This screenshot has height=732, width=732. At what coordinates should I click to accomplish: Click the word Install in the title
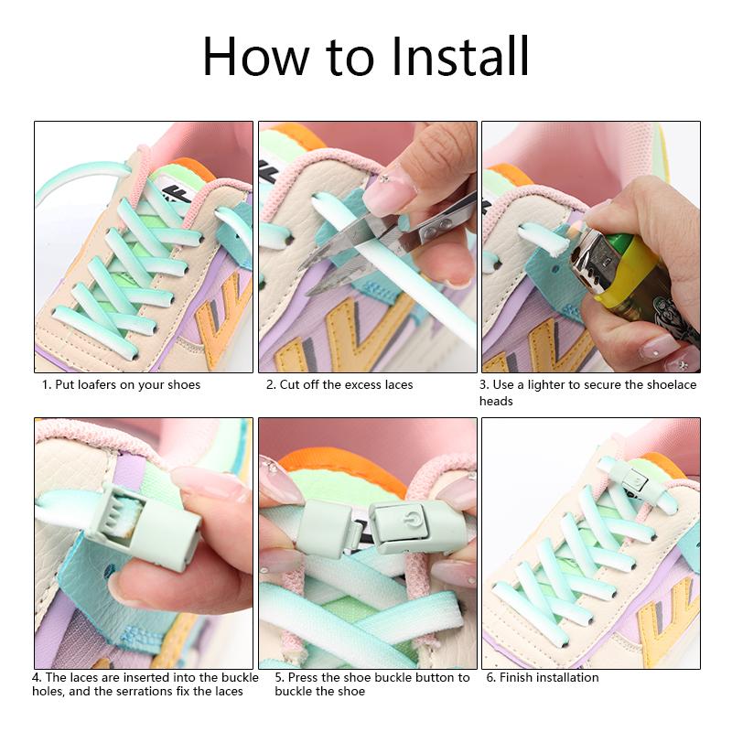(460, 57)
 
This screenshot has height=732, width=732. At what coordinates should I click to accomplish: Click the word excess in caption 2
(345, 385)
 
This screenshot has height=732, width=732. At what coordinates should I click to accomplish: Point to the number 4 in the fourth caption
(36, 678)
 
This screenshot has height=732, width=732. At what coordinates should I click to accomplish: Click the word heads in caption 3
(496, 402)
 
